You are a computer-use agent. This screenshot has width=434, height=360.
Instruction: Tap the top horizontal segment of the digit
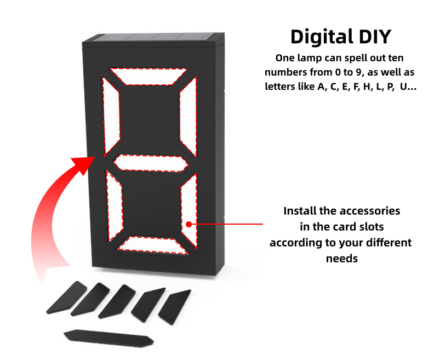point(149,76)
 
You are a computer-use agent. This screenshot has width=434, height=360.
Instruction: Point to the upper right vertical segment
point(188,116)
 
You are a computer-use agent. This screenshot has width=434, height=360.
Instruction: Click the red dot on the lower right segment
point(188,224)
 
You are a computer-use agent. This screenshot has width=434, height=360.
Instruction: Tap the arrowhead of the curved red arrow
point(88,161)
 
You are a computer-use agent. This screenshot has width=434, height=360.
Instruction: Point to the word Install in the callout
point(301,211)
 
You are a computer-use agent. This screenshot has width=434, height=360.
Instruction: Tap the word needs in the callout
point(341,258)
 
